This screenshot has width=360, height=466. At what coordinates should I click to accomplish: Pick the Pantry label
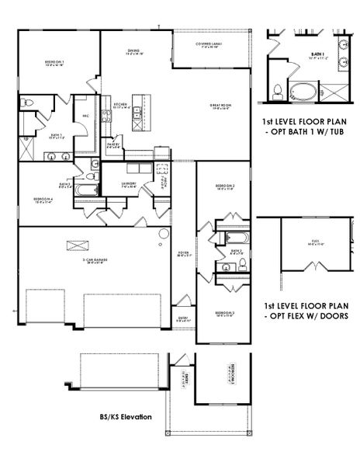[113, 144]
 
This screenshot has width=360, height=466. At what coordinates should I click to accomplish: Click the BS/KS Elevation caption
[124, 417]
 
